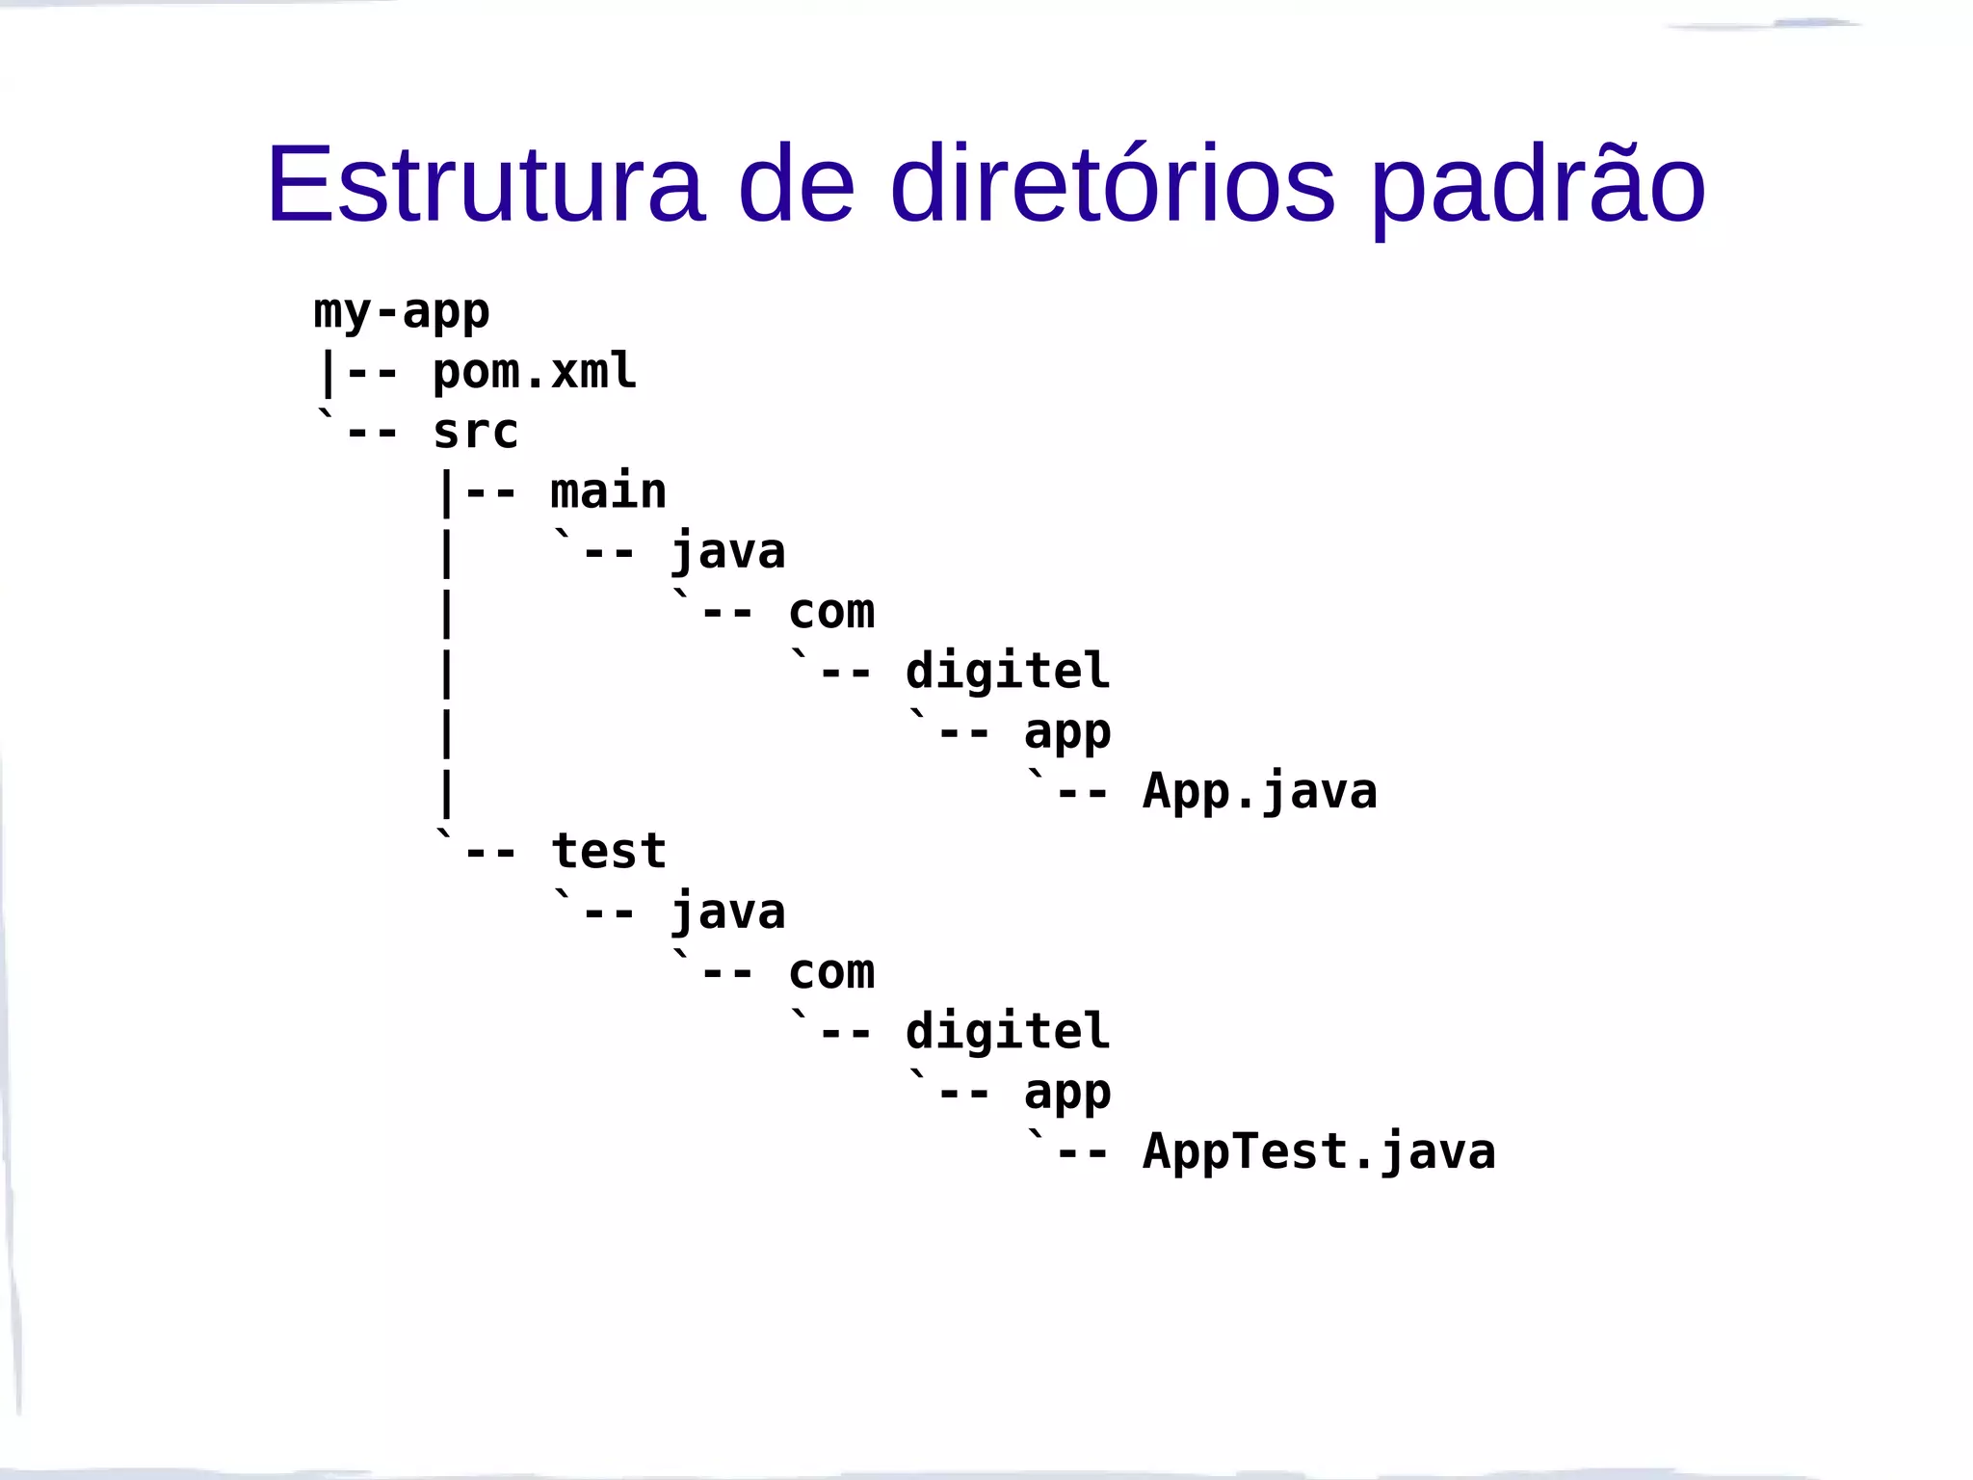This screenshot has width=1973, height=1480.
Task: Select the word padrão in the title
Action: pyautogui.click(x=1538, y=185)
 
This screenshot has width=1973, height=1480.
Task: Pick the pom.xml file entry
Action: pyautogui.click(x=535, y=372)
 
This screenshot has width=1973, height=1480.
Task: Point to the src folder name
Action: pyautogui.click(x=476, y=432)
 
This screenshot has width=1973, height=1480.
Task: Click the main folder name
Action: pyautogui.click(x=608, y=491)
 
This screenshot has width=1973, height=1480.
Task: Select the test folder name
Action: pyautogui.click(x=608, y=852)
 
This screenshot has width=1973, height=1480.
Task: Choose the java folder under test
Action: pyautogui.click(x=728, y=912)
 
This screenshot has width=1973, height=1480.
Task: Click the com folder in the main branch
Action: pyautogui.click(x=831, y=612)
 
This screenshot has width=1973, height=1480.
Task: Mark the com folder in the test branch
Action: pyautogui.click(x=831, y=972)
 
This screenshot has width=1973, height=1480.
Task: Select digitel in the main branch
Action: pyautogui.click(x=1008, y=672)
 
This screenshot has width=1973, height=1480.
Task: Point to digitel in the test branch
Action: pyautogui.click(x=1008, y=1032)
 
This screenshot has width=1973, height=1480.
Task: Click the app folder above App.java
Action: pyautogui.click(x=1067, y=732)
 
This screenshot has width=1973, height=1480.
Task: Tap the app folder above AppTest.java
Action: pyautogui.click(x=1067, y=1093)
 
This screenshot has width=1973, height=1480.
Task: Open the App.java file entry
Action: pyautogui.click(x=1260, y=792)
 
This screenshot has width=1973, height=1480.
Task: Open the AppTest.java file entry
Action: pyautogui.click(x=1319, y=1152)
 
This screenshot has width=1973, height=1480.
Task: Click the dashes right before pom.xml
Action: pyautogui.click(x=372, y=374)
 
